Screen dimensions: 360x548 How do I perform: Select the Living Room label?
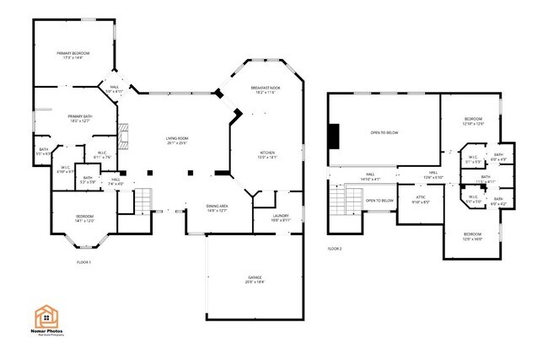pyautogui.click(x=176, y=140)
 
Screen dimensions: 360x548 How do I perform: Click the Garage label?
pyautogui.click(x=255, y=279)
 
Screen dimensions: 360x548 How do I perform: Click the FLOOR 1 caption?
pyautogui.click(x=84, y=262)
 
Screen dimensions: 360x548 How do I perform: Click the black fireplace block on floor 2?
pyautogui.click(x=334, y=136)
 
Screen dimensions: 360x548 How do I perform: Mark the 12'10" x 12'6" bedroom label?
pyautogui.click(x=473, y=121)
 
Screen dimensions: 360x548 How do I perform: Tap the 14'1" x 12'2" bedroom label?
pyautogui.click(x=84, y=219)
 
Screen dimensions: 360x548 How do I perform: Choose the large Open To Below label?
pyautogui.click(x=382, y=132)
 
